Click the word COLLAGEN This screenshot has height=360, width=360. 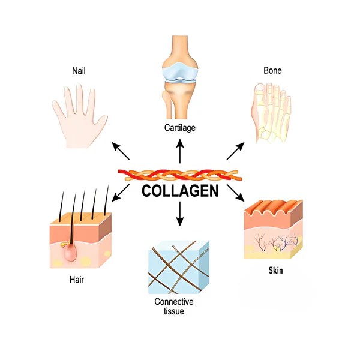(x=180, y=192)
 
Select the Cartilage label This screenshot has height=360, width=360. (x=180, y=127)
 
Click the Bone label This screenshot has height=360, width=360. (x=272, y=71)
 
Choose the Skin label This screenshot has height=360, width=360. (x=276, y=271)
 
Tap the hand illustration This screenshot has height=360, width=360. (x=78, y=114)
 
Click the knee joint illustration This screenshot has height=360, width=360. (x=180, y=78)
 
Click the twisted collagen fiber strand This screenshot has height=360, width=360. (x=180, y=175)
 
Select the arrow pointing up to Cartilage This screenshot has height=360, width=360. (x=180, y=151)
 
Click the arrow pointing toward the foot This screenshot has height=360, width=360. (x=235, y=151)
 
